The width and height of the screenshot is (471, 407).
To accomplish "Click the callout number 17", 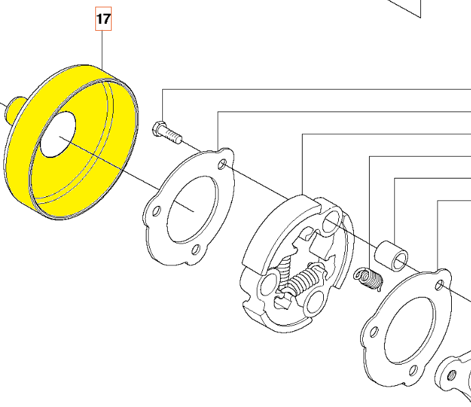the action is [x=103, y=19].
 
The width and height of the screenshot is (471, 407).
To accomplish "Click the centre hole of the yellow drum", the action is [x=58, y=135].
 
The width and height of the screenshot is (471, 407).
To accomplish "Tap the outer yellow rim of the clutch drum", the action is [x=71, y=141].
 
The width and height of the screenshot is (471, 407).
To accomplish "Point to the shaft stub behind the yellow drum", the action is [x=14, y=110].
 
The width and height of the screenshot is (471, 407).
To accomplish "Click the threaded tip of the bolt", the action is [x=177, y=137].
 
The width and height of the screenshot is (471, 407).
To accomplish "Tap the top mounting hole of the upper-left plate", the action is [x=222, y=164].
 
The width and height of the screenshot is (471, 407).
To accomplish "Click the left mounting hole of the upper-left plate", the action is [x=156, y=211].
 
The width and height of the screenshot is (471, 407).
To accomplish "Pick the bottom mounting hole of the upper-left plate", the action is [x=196, y=250].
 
